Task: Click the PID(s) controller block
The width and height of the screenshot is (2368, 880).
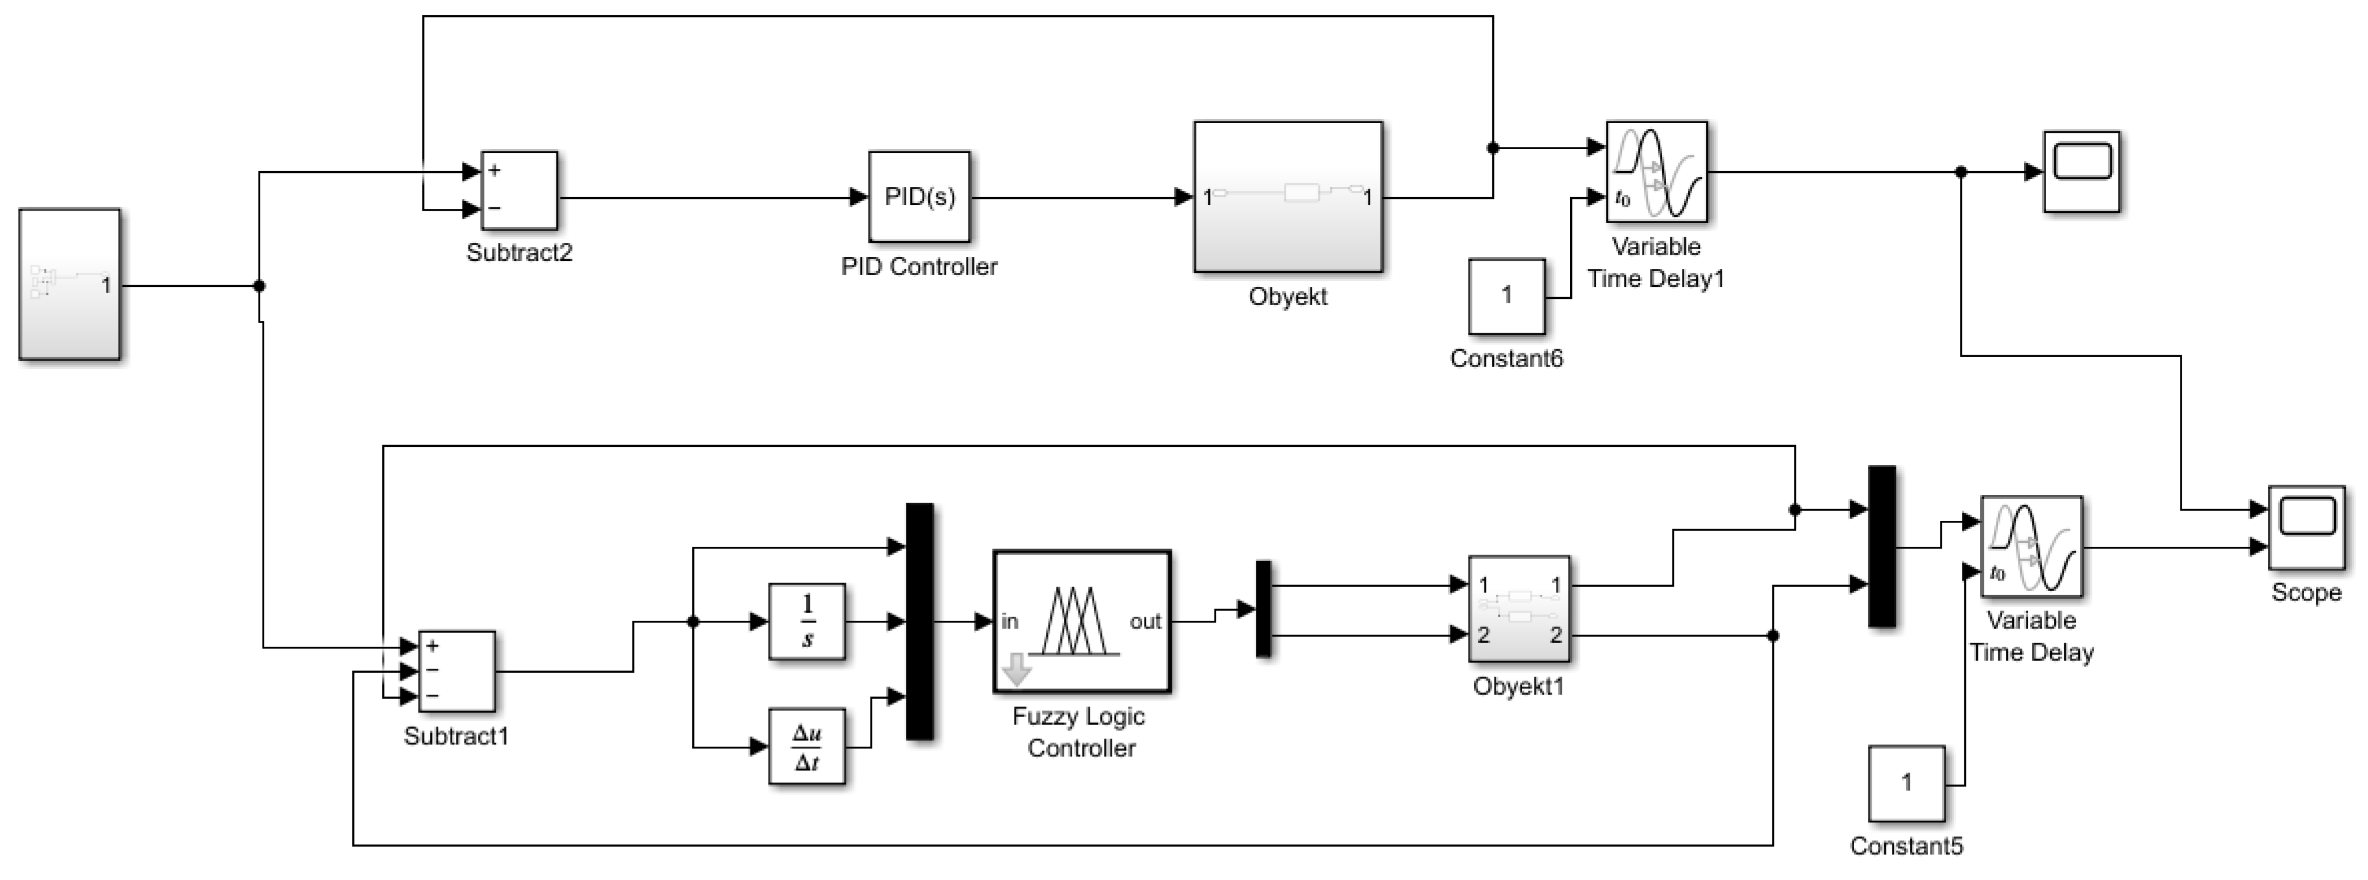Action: click(x=919, y=197)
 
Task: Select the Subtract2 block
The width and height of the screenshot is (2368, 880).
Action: click(x=519, y=190)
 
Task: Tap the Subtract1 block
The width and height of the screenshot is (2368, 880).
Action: click(x=457, y=671)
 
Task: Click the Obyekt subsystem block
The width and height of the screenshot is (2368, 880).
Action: click(x=1288, y=197)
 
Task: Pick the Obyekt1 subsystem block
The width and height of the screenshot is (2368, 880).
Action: click(x=1519, y=609)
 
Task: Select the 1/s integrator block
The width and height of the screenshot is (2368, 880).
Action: click(x=807, y=622)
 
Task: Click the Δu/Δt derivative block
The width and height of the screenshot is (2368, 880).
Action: click(x=807, y=747)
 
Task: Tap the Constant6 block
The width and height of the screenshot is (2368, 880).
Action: click(x=1506, y=296)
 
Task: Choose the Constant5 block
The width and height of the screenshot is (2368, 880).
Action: click(x=1907, y=783)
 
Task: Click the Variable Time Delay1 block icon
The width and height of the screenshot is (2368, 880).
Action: click(x=1657, y=172)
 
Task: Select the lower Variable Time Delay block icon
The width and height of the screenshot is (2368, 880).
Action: click(x=2031, y=547)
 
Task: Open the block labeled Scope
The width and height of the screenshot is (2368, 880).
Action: click(x=2306, y=528)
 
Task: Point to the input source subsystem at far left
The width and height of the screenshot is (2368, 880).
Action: click(x=70, y=284)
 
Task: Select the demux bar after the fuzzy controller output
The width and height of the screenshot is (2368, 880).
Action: click(x=1264, y=609)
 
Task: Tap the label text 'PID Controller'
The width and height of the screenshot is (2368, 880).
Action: click(x=919, y=267)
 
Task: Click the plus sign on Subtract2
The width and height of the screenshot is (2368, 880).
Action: click(x=495, y=170)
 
